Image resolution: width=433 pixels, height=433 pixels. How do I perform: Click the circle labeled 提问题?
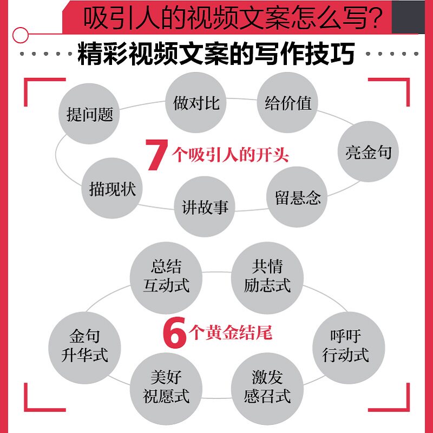[x=89, y=114]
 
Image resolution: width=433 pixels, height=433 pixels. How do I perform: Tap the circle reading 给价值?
[x=287, y=103]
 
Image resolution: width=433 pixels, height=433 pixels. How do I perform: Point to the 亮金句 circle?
[x=368, y=152]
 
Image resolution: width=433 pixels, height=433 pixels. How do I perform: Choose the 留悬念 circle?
[x=297, y=197]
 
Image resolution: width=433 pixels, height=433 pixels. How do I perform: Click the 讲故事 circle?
[x=205, y=206]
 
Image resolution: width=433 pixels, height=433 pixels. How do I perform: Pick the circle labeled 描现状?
[x=113, y=188]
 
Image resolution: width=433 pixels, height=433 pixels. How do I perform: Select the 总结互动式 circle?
[x=166, y=276]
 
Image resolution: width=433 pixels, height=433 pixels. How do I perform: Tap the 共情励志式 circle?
[x=267, y=275]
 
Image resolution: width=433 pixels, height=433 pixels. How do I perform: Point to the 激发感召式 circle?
[x=267, y=386]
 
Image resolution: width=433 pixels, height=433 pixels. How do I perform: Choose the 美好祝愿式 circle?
[x=166, y=386]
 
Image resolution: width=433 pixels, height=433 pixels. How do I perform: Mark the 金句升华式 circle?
[x=84, y=346]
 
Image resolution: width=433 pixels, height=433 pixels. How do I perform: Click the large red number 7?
[x=156, y=155]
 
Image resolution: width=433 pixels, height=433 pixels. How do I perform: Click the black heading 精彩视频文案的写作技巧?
[x=216, y=54]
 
